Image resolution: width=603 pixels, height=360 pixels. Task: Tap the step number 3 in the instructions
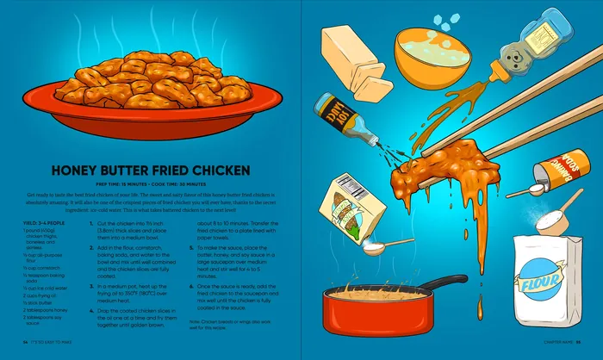pos(92,286)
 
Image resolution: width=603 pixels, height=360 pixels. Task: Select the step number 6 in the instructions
pos(188,284)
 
